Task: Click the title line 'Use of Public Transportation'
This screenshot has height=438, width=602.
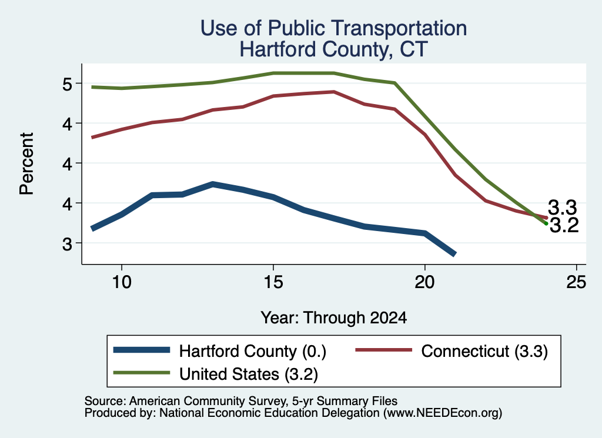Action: pos(334,28)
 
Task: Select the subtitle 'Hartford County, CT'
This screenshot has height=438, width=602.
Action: pos(334,49)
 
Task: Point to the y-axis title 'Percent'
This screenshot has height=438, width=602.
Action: pos(26,164)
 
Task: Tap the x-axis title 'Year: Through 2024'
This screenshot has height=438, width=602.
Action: pos(334,318)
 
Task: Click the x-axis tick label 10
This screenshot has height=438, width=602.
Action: pos(122,283)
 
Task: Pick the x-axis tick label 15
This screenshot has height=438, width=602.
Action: pos(273,283)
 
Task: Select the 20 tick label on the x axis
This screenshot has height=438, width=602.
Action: pos(424,283)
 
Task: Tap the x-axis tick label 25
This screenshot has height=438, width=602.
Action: pos(576,283)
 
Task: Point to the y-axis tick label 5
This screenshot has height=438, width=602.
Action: pos(67,84)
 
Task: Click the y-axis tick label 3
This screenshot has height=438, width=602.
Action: pos(67,243)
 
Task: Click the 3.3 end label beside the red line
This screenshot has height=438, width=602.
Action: pos(562,208)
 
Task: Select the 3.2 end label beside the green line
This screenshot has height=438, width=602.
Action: pos(564,225)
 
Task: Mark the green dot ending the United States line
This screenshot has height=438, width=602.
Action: pos(546,223)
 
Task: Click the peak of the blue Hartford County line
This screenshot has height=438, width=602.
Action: pos(213,184)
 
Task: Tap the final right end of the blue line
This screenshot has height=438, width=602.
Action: pos(454,254)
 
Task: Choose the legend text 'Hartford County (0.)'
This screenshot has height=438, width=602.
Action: pos(253,351)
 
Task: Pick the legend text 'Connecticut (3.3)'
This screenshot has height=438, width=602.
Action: pos(484,351)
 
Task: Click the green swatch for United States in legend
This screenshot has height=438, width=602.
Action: pos(142,373)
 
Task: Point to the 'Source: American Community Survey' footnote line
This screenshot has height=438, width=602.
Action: pos(240,401)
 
